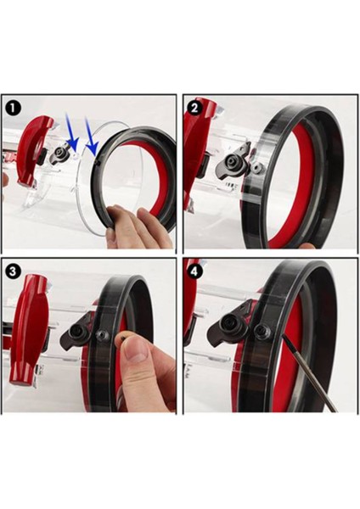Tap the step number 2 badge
tap(195, 108)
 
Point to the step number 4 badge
tap(195, 272)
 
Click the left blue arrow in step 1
tap(70, 134)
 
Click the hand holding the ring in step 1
tap(136, 227)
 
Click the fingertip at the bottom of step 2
tap(308, 247)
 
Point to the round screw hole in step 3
tap(104, 335)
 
